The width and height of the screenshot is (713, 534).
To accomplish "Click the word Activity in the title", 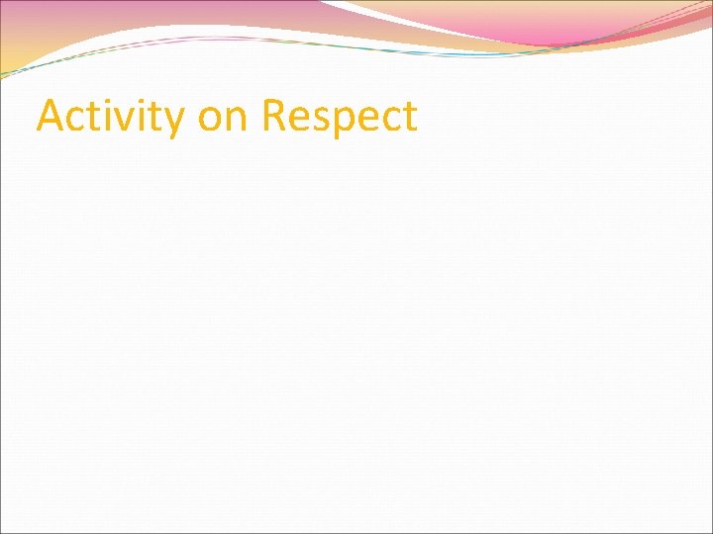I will (x=110, y=117).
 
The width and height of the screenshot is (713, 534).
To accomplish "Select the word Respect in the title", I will (x=339, y=117).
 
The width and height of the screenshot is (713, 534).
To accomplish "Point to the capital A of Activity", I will (x=51, y=116).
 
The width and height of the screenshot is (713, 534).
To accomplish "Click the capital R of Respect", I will (x=274, y=116).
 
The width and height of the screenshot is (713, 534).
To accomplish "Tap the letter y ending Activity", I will (x=173, y=123).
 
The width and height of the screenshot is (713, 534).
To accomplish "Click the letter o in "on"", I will (x=211, y=120).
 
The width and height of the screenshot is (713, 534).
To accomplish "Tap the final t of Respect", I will (x=409, y=118).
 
